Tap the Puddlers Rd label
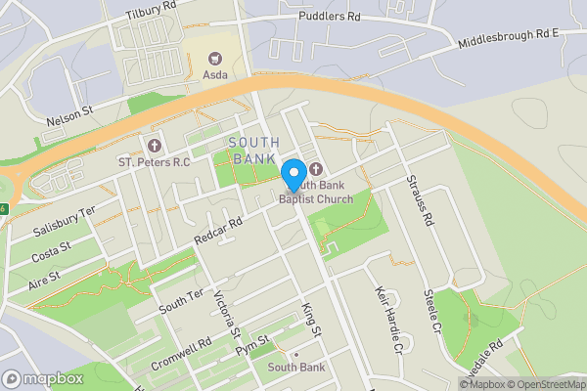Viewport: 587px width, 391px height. [329, 17]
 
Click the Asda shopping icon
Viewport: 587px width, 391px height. [215, 58]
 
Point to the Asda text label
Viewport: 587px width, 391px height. [215, 74]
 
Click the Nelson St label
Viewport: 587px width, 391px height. [68, 116]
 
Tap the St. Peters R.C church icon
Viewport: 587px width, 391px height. [153, 145]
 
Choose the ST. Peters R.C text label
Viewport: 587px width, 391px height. [154, 161]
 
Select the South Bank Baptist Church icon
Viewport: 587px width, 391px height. [316, 168]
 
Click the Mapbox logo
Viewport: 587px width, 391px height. [43, 378]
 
